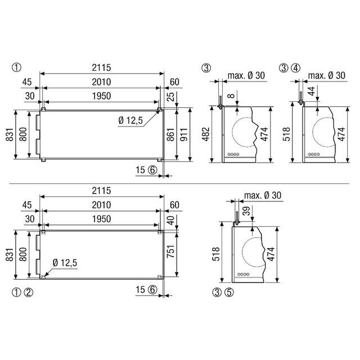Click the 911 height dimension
coord(184,134)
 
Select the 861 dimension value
coord(170,135)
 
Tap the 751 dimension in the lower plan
coord(170,251)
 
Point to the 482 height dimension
coord(206,134)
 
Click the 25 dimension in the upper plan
coord(170,97)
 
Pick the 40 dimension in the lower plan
coord(170,220)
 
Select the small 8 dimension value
coord(231,95)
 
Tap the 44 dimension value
coord(312,91)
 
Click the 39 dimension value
coord(246,211)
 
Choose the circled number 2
coord(29,292)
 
